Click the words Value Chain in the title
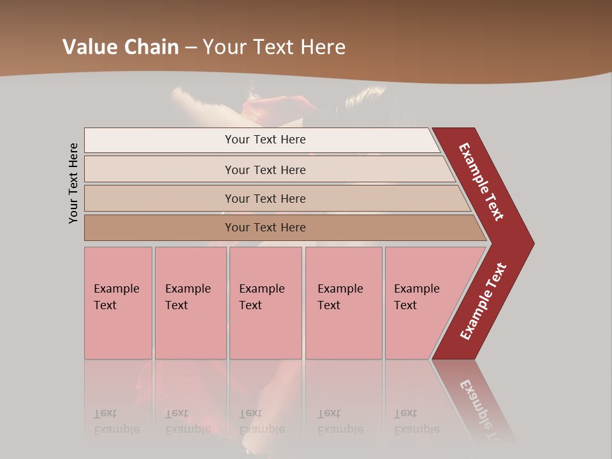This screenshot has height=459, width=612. pos(120,47)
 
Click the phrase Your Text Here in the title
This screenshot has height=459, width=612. pos(274,47)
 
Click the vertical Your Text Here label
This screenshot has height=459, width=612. pos(73,183)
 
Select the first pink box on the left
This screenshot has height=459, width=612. pos(118,303)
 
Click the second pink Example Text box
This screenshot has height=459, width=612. pos(190,303)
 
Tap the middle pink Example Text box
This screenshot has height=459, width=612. pos(265,303)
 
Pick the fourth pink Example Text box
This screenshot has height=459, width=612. pos(343,303)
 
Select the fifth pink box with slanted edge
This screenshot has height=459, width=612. pos(421,303)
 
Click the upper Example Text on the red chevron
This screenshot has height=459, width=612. pos(481,182)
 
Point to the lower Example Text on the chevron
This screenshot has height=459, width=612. pos(483,302)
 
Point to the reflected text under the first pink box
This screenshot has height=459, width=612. pos(116,421)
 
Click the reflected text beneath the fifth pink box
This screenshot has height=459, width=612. pos(416,421)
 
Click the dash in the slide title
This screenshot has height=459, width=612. pos(191,48)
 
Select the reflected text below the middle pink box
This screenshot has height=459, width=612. pos(261,421)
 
